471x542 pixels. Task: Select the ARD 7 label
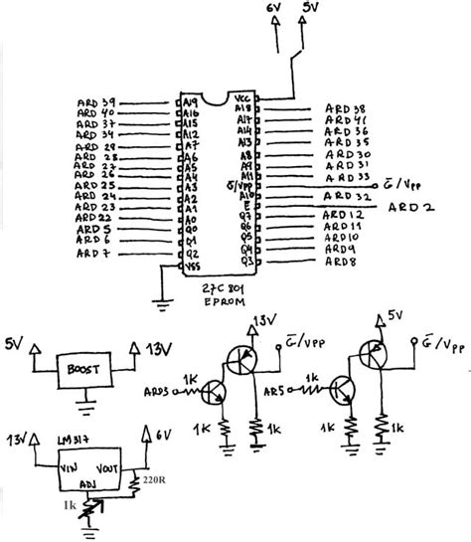[x=92, y=255]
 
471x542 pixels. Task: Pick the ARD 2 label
[x=408, y=207]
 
